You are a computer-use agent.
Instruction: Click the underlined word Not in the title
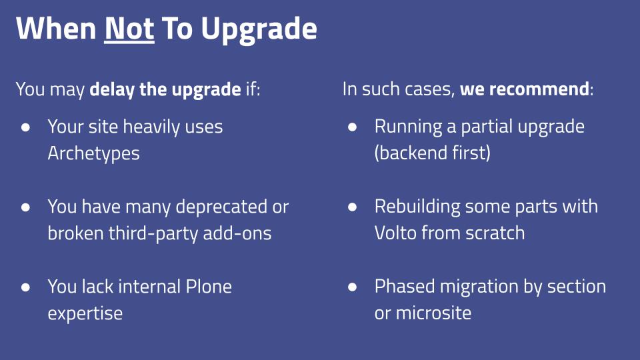pyautogui.click(x=129, y=29)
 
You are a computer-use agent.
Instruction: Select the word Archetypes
pyautogui.click(x=93, y=153)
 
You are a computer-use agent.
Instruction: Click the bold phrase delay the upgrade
pyautogui.click(x=165, y=89)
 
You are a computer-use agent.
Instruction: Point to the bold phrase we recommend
pyautogui.click(x=525, y=89)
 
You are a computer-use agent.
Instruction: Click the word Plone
pyautogui.click(x=209, y=287)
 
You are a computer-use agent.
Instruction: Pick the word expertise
pyautogui.click(x=85, y=314)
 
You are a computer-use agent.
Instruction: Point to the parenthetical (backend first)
pyautogui.click(x=432, y=153)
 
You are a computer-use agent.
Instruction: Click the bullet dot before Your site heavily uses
pyautogui.click(x=25, y=127)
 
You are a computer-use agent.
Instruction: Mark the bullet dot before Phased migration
pyautogui.click(x=352, y=287)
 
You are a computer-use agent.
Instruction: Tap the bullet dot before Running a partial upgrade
pyautogui.click(x=352, y=127)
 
